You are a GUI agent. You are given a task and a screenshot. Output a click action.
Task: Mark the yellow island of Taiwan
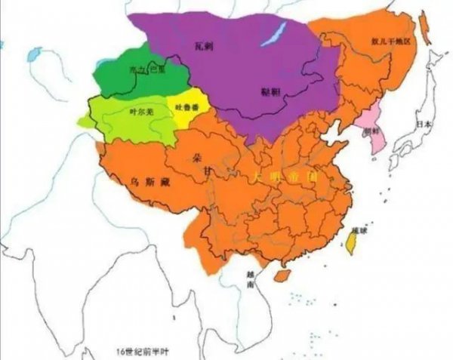point(350,241)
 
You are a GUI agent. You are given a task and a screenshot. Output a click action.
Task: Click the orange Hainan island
point(280,276)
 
